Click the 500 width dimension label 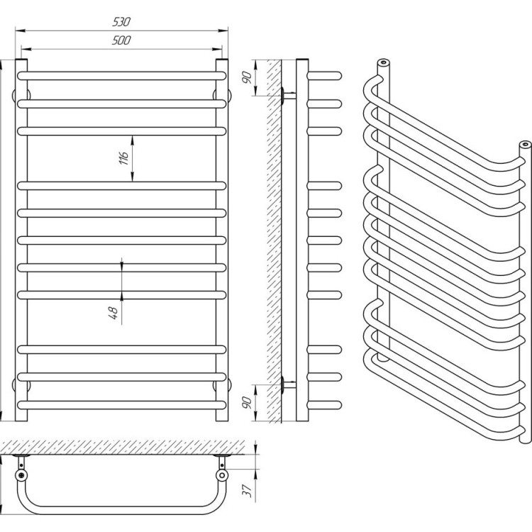(121, 40)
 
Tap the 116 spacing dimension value (123, 157)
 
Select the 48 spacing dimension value (113, 311)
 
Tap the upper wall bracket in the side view (285, 95)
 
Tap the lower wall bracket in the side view (285, 385)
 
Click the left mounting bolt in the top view (23, 476)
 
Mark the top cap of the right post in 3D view (525, 145)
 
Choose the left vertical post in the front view (22, 241)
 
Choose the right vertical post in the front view (222, 241)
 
